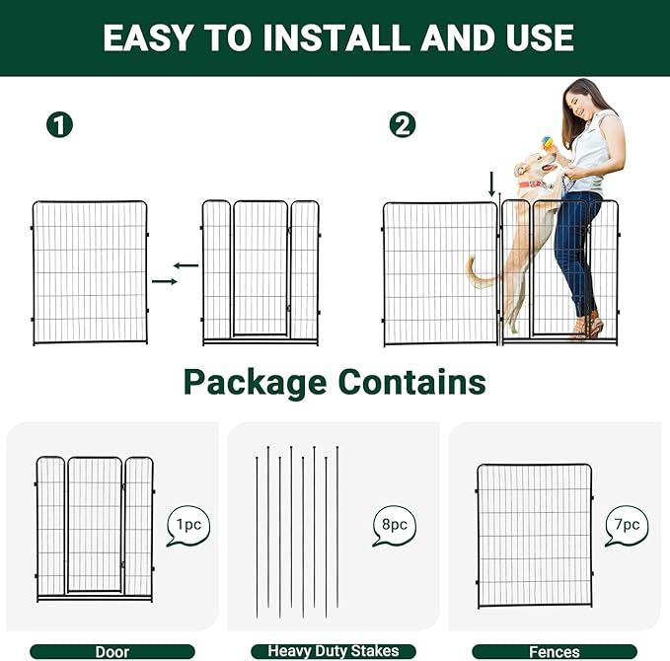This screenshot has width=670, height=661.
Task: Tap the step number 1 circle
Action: pos(60,124)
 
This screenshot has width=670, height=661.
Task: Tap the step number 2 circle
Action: pos(403,124)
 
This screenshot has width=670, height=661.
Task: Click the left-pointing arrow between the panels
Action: pos(186,264)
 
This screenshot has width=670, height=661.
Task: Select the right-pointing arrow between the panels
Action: pos(165,282)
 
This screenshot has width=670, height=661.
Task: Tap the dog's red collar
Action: pos(533,184)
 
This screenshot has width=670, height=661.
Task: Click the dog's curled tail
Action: pos(478,273)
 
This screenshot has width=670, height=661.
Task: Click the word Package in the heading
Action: pos(255,382)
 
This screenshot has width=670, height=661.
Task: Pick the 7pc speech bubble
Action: pos(628,526)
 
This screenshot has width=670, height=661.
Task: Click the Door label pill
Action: pos(112,651)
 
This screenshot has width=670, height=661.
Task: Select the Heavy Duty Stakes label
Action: pos(334,651)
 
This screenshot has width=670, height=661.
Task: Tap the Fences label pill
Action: pos(555,651)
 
